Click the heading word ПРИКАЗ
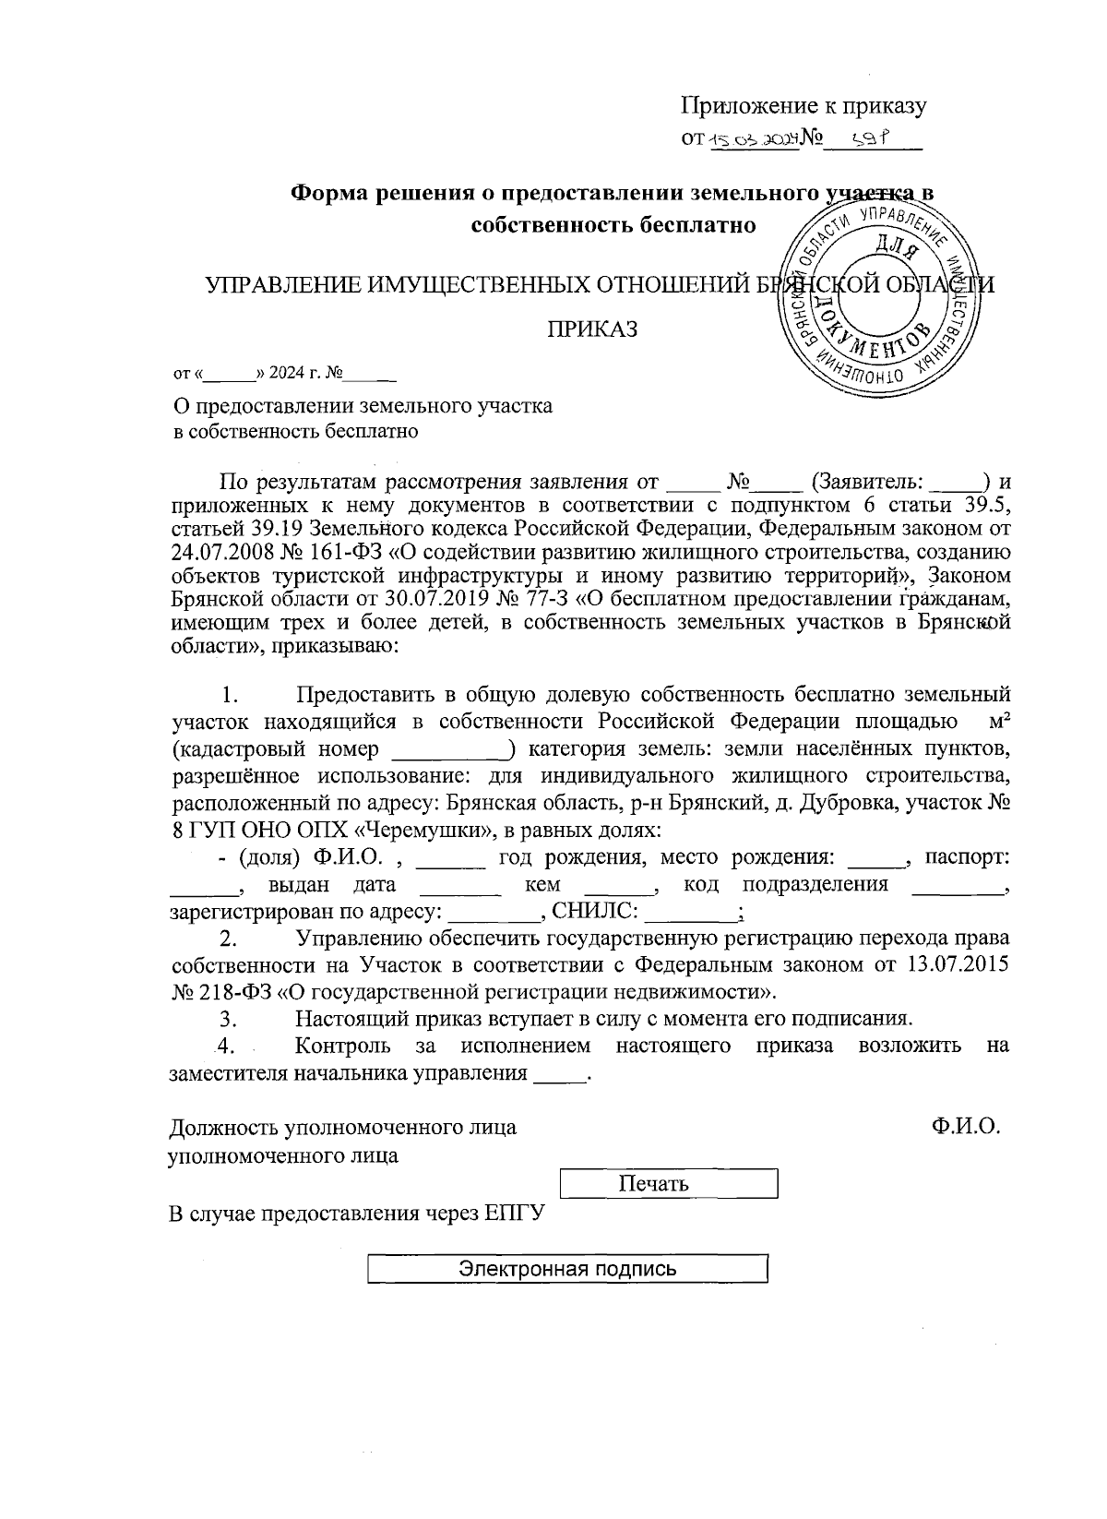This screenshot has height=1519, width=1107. (594, 330)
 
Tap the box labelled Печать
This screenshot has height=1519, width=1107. (669, 1184)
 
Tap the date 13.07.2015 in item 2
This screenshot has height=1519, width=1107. (958, 965)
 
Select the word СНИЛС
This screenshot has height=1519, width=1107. (592, 913)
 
